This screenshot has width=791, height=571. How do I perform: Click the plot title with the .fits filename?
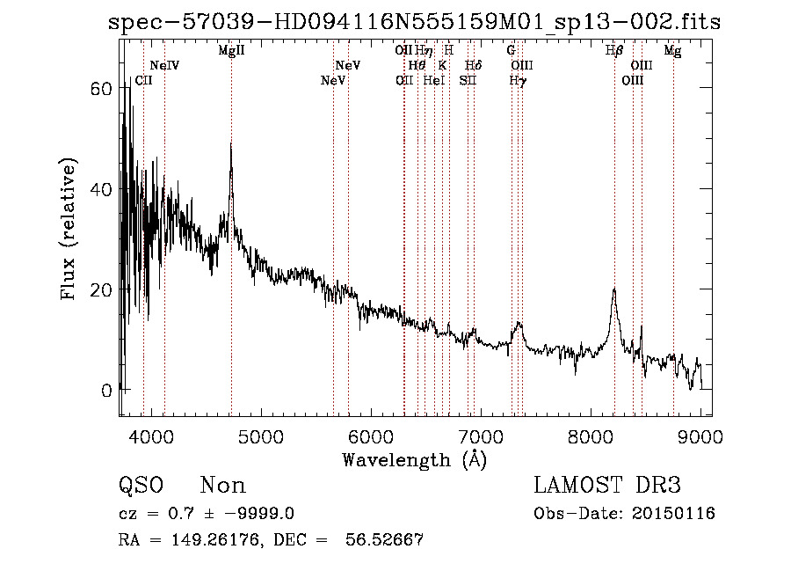coord(414,22)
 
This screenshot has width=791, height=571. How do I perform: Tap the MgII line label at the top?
coord(231,51)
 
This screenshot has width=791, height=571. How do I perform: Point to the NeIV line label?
coord(164,66)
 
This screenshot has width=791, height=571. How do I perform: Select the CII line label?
coord(143,81)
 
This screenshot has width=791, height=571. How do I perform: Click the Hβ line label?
coord(614,51)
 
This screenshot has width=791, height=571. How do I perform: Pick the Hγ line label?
coord(519,81)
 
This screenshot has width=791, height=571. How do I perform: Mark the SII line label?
coord(467,81)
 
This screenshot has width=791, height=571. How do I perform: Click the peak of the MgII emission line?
coord(231,143)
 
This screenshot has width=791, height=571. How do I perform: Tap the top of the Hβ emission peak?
coord(614,289)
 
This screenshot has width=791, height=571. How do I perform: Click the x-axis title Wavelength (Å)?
coord(414,459)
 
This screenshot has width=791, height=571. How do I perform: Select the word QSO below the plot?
coord(141,486)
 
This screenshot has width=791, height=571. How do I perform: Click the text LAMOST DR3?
coord(607,486)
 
